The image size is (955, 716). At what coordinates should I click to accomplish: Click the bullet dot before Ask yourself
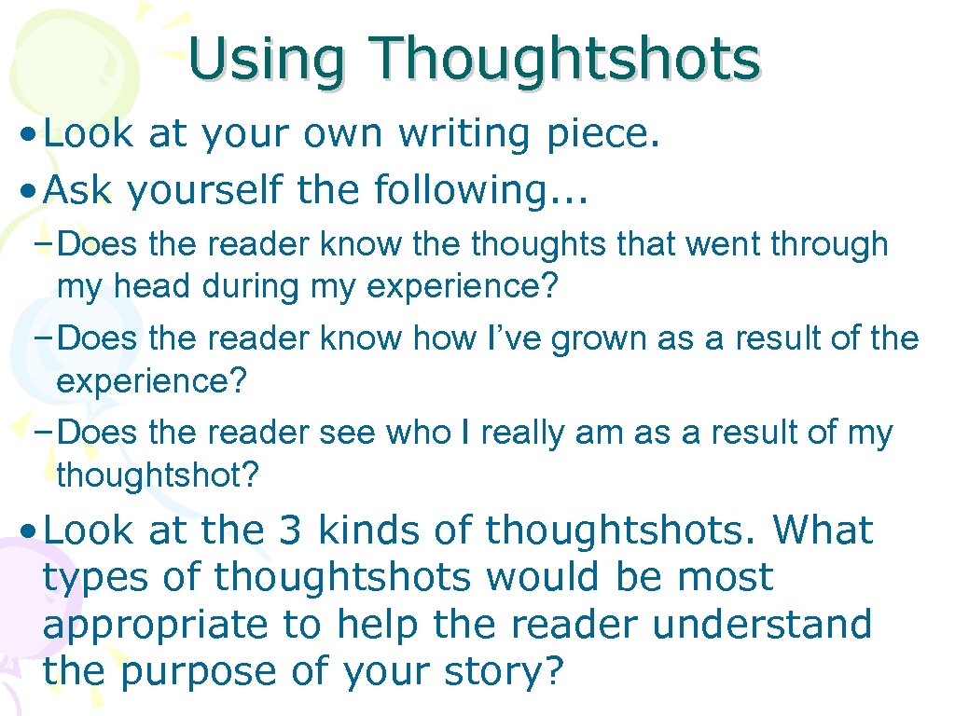pyautogui.click(x=29, y=191)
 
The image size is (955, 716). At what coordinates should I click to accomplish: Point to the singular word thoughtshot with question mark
pyautogui.click(x=157, y=475)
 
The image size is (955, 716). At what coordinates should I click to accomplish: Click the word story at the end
pyautogui.click(x=500, y=670)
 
